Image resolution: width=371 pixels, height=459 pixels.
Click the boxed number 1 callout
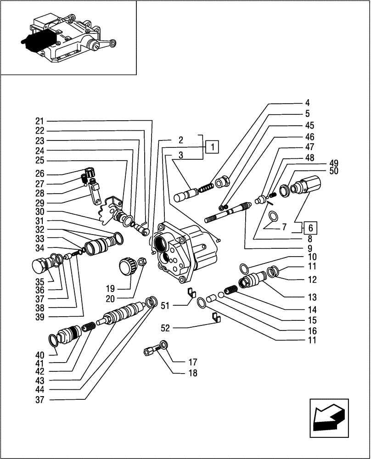(x=212, y=147)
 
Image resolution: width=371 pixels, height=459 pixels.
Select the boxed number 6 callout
(x=311, y=228)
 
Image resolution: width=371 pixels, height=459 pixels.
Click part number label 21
(x=39, y=121)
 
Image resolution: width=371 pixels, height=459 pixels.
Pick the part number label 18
(x=192, y=373)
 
